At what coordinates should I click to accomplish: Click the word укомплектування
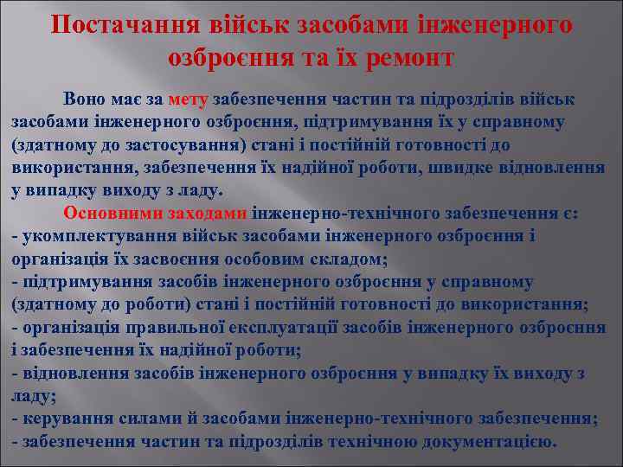pyautogui.click(x=82, y=236)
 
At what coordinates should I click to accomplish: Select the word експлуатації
pyautogui.click(x=279, y=328)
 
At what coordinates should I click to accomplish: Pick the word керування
pyautogui.click(x=61, y=419)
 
